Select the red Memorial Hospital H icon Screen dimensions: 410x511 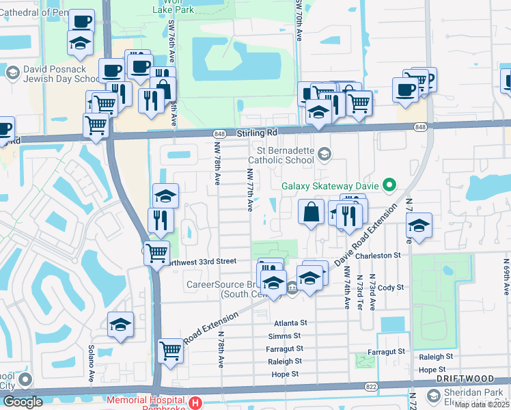point(196,403)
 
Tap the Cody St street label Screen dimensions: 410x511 point(391,288)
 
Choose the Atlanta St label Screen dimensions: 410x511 point(292,323)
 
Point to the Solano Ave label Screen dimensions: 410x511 point(91,368)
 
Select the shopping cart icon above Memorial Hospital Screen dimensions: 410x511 point(170,351)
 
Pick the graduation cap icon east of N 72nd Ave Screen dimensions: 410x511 point(419,226)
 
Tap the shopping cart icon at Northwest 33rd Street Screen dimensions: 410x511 point(157,252)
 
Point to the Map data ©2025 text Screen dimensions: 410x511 point(482,405)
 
